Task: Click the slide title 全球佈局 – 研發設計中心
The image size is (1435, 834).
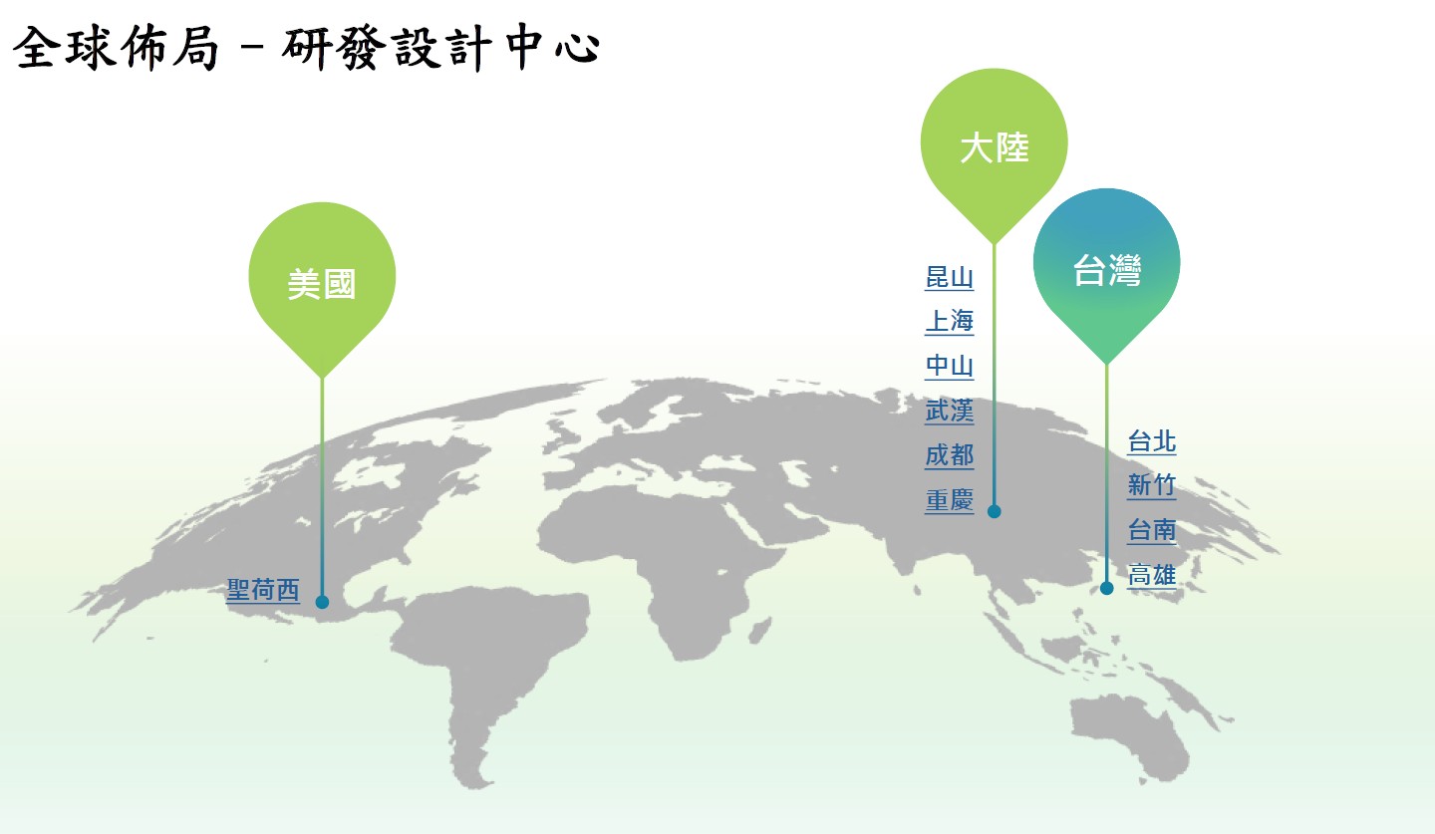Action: tap(306, 48)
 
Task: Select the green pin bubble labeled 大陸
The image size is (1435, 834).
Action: tap(995, 147)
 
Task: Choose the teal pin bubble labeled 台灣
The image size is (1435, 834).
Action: tap(1107, 269)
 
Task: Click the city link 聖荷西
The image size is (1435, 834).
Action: tap(263, 590)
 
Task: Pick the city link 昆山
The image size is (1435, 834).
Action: tap(950, 277)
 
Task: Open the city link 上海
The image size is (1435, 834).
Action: tap(950, 322)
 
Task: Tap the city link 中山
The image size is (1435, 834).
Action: tap(950, 366)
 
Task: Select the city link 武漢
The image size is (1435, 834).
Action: tap(950, 411)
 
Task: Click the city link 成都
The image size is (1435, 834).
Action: tap(950, 455)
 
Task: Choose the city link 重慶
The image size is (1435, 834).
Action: tap(950, 500)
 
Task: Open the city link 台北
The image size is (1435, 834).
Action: tap(1152, 441)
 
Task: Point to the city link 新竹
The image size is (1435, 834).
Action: tap(1152, 485)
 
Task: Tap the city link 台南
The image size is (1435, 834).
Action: tap(1152, 530)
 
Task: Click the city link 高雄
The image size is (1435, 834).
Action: tap(1152, 575)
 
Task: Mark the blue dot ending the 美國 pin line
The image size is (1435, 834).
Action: tap(322, 602)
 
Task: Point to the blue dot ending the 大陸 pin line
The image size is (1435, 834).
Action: tap(995, 511)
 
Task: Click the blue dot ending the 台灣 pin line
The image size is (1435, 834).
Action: tap(1107, 588)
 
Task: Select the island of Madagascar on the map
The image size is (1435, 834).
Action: tap(759, 631)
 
